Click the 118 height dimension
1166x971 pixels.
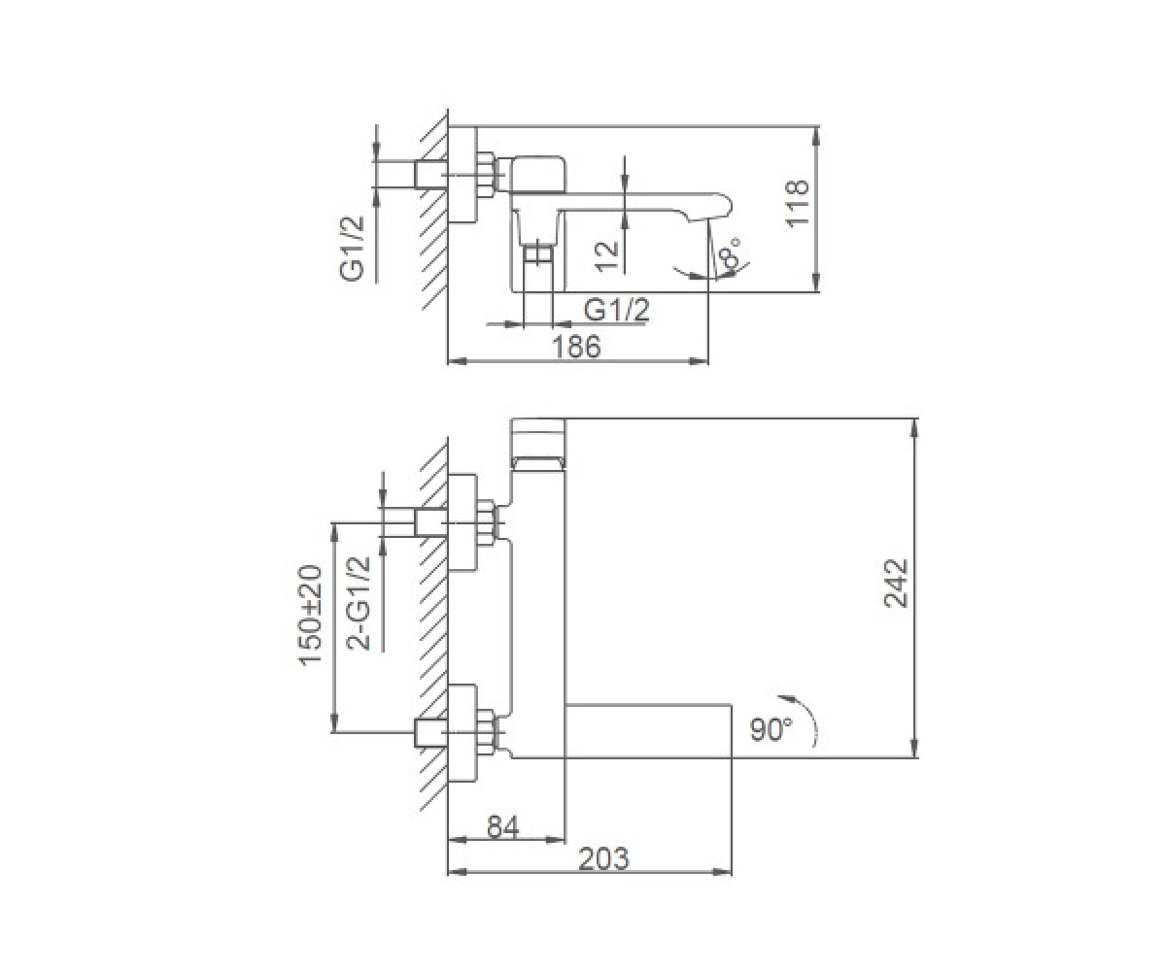[x=798, y=203]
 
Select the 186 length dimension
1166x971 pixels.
[x=577, y=347]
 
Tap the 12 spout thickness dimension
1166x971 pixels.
[x=607, y=256]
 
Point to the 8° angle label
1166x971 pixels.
[x=730, y=253]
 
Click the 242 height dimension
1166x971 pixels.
[x=896, y=584]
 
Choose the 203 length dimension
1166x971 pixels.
[x=603, y=858]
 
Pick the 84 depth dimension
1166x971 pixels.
[x=503, y=826]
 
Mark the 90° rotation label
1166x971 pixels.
[x=771, y=730]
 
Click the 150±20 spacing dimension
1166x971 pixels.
[x=311, y=616]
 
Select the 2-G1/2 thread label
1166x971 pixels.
[x=358, y=604]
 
